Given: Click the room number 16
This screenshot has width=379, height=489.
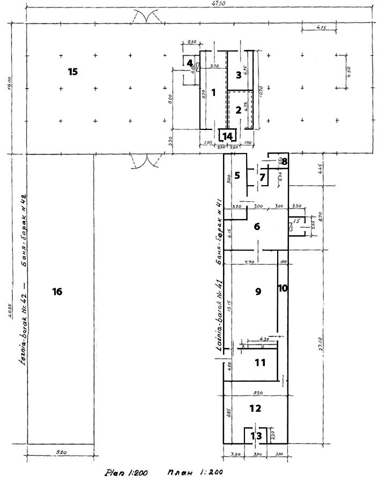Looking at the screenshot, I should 57,291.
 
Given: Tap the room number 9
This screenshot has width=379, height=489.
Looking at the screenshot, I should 258,291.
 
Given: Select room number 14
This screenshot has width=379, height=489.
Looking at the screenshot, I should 228,136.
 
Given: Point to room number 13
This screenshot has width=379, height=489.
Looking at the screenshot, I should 258,436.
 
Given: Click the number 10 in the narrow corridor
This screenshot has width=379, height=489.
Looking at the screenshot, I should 283,288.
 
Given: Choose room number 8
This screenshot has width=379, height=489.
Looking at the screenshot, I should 284,160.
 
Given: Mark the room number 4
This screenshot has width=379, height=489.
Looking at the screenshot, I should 190,63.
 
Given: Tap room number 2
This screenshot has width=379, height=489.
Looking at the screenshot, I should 239,111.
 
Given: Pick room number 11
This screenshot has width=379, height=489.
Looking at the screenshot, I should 260,363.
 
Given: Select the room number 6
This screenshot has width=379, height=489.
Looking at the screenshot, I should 257,227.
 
